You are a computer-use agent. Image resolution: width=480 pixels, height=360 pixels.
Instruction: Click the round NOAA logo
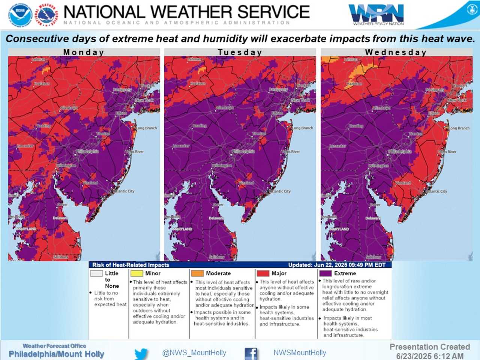click(20, 15)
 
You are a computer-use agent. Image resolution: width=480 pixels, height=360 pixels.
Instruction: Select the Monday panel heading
click(84, 52)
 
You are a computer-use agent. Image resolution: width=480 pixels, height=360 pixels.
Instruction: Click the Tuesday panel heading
click(240, 52)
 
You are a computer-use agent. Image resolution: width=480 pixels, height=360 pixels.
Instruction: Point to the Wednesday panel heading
click(396, 52)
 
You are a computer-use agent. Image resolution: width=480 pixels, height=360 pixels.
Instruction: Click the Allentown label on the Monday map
click(69, 108)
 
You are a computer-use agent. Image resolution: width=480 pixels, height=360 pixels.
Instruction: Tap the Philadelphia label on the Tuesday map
click(243, 151)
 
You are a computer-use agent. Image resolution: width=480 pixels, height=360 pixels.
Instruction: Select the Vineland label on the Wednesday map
click(402, 183)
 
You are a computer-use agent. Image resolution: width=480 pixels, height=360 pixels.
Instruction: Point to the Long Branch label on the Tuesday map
click(302, 128)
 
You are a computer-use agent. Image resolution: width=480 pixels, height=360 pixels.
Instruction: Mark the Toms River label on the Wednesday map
click(447, 152)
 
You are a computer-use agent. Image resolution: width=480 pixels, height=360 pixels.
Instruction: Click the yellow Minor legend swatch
click(136, 273)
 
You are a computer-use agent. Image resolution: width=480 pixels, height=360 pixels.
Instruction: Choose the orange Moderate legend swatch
click(197, 273)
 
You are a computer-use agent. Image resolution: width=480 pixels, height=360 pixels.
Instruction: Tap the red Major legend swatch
click(263, 273)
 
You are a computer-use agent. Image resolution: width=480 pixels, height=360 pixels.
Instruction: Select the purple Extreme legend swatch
click(325, 273)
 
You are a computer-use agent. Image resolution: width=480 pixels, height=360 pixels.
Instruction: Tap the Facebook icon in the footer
click(251, 353)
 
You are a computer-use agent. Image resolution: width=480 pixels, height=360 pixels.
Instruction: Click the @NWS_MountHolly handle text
click(194, 353)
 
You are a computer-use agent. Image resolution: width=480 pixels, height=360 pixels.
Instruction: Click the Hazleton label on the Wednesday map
click(354, 84)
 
